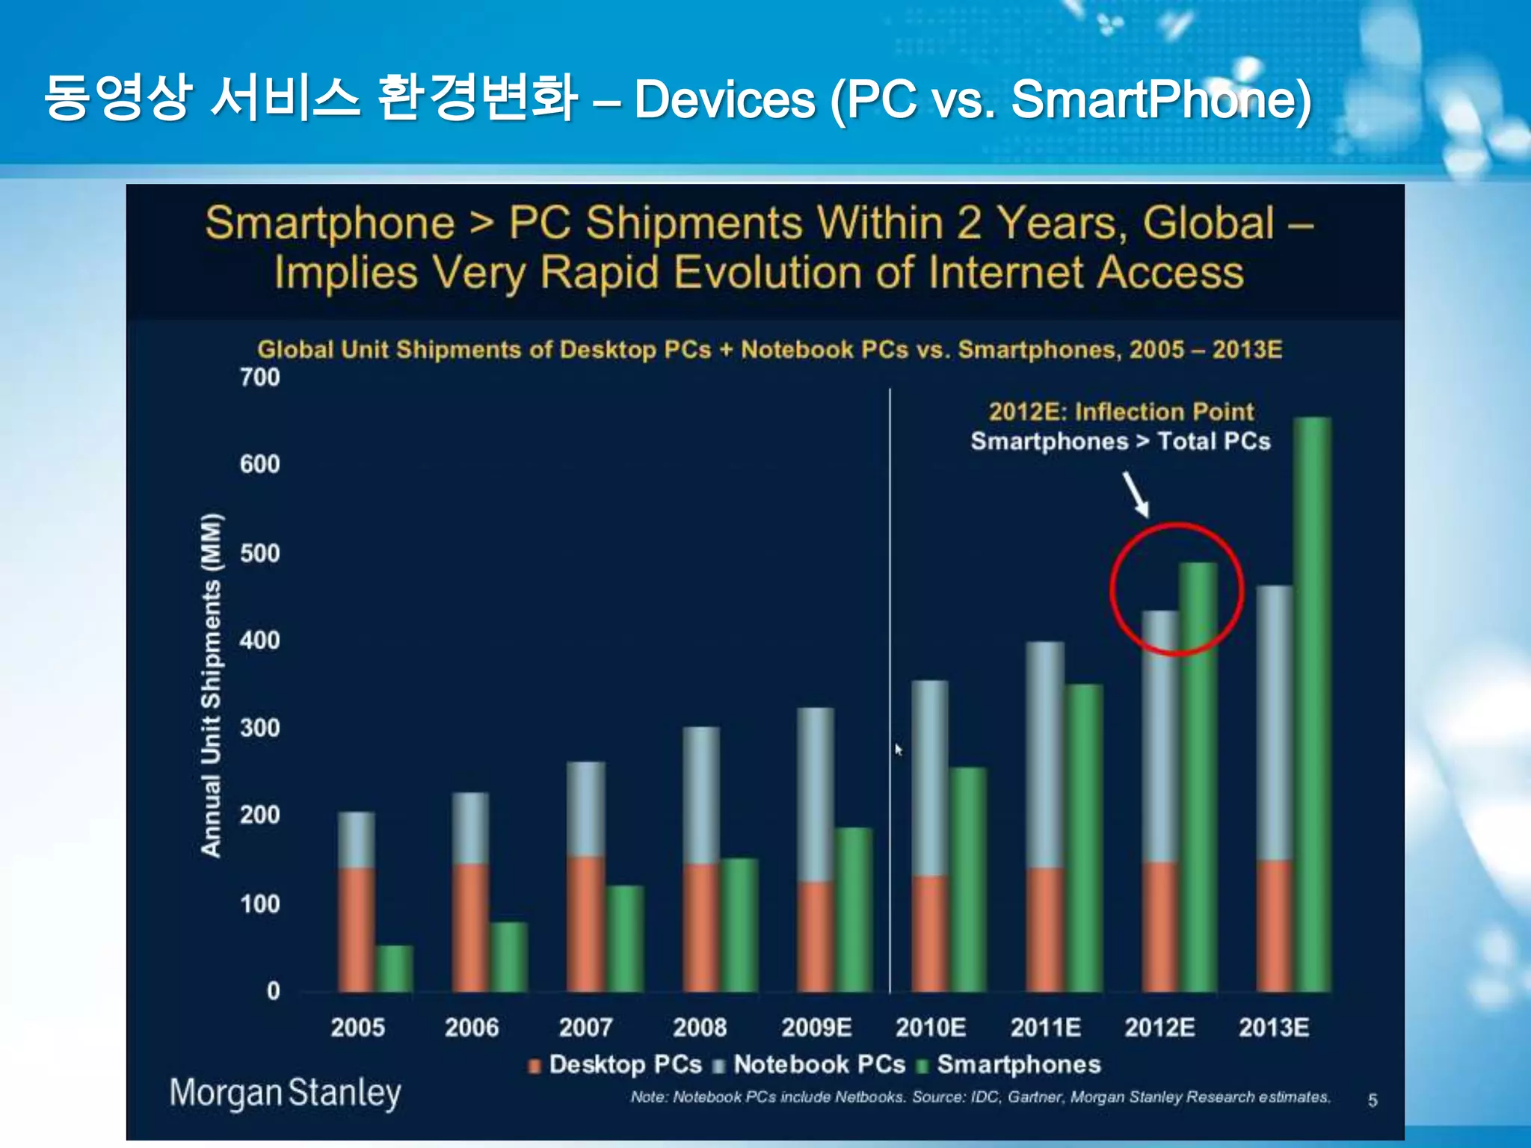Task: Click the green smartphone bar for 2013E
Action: (x=1312, y=703)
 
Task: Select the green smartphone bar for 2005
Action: (x=394, y=969)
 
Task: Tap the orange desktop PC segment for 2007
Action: (x=586, y=924)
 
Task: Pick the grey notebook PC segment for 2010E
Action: (x=930, y=777)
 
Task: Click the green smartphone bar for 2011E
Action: (x=1084, y=837)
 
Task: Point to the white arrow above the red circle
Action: (x=1136, y=494)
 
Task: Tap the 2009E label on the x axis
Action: (x=816, y=1027)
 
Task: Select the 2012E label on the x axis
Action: (x=1159, y=1027)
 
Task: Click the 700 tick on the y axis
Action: (x=259, y=377)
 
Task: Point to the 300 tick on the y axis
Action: (x=259, y=727)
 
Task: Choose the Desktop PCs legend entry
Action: (x=616, y=1064)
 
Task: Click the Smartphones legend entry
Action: (x=1009, y=1064)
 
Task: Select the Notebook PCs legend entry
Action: (x=810, y=1064)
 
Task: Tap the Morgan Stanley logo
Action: (x=285, y=1093)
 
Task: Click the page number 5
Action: (x=1373, y=1100)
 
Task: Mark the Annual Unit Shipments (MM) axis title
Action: (x=212, y=685)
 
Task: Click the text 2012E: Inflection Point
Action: (x=1121, y=411)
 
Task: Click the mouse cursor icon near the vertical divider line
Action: (x=899, y=749)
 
